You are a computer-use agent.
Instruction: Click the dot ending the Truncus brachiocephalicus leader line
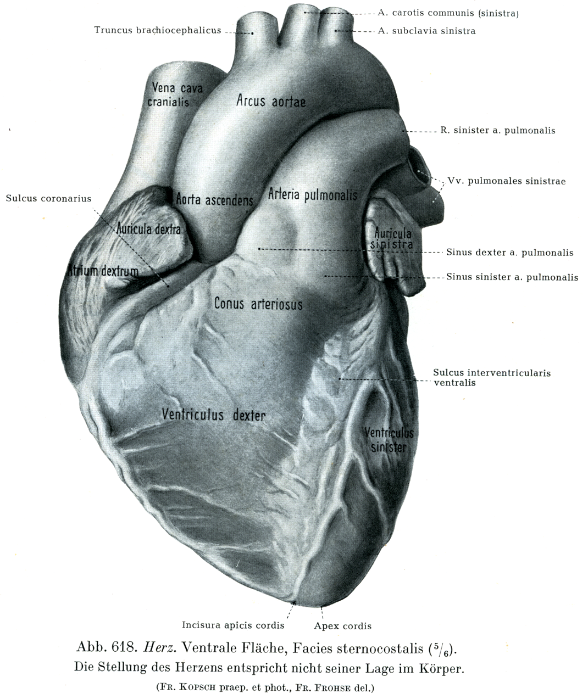252,33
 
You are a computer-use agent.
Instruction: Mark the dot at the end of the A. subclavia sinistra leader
336,31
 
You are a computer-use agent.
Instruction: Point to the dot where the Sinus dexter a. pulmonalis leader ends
259,249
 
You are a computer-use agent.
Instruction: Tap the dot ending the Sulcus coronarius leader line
168,286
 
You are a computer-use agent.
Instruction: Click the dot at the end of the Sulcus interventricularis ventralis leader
340,379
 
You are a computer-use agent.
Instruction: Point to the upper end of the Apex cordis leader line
321,607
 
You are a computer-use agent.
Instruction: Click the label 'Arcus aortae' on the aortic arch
271,101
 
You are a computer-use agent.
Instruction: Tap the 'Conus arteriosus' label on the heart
258,304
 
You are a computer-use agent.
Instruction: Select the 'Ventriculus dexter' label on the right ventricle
214,415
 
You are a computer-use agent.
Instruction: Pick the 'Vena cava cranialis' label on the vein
175,94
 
